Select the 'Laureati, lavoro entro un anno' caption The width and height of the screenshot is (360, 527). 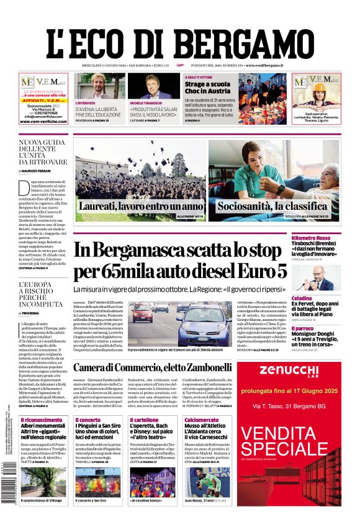pos(140,205)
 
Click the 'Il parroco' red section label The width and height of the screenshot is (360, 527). pos(320,328)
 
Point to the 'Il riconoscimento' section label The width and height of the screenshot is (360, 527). pos(40,420)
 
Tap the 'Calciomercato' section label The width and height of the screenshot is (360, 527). pos(200,420)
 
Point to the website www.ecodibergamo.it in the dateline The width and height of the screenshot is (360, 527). pos(264,65)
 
